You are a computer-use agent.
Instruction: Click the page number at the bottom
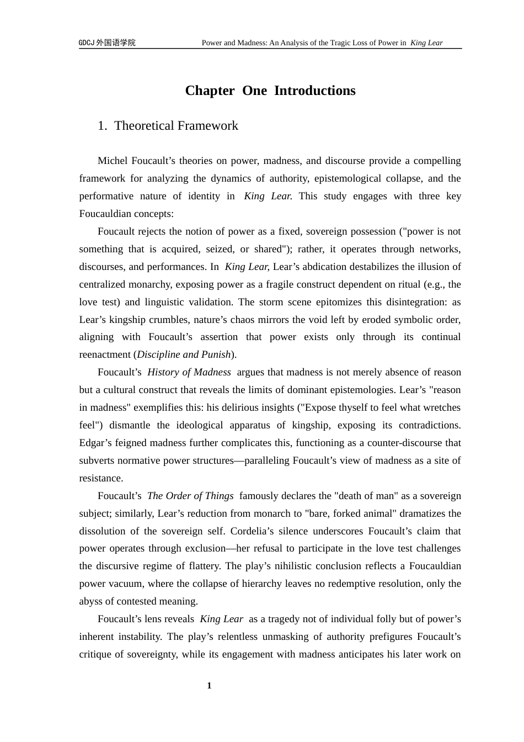(x=209, y=686)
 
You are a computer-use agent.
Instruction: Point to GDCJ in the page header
(x=87, y=43)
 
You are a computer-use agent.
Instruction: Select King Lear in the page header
(x=426, y=43)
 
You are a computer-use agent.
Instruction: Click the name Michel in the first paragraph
(x=113, y=161)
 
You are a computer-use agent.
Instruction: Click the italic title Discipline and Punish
(x=184, y=354)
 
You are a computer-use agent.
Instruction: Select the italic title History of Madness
(x=189, y=372)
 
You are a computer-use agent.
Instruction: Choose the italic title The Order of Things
(x=190, y=496)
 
